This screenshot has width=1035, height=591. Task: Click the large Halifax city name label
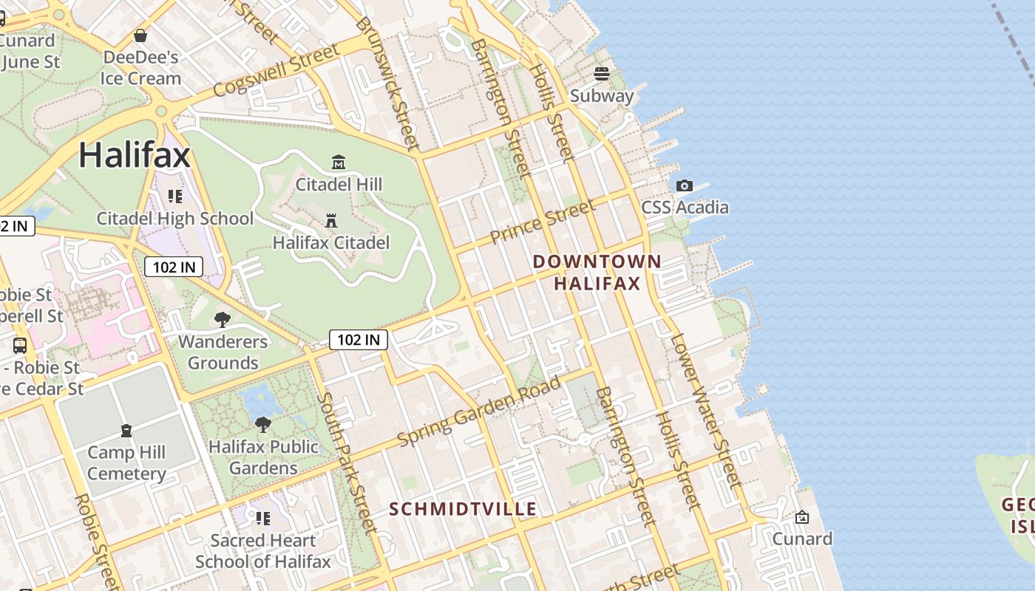135,155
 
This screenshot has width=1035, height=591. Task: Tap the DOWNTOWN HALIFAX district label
597,273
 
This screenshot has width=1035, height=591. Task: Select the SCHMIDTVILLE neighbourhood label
463,509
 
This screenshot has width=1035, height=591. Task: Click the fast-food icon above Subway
602,74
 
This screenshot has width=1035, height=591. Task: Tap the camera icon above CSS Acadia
685,185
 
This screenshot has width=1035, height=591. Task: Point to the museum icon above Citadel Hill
339,162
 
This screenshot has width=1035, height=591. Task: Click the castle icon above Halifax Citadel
331,220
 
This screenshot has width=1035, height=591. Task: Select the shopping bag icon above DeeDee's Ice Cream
140,35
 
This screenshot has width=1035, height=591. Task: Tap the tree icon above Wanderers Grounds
222,319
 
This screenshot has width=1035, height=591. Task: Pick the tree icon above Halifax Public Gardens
262,424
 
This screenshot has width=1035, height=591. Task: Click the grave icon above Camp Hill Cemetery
126,430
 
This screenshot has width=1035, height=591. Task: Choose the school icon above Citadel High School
175,196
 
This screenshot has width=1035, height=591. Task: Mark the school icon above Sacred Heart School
262,518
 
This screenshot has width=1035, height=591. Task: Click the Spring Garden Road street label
479,411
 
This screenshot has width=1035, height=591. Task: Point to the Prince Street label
542,222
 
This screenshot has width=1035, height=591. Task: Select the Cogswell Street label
276,70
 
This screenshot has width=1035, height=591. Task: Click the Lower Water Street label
704,411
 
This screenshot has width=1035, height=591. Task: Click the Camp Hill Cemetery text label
126,463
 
